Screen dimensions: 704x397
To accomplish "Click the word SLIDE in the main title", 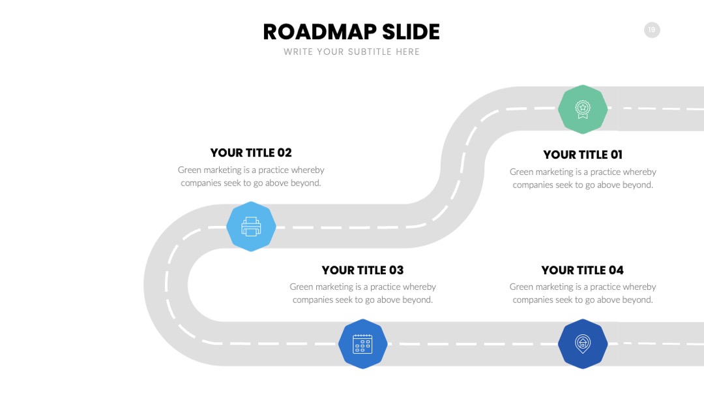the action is pos(411,32).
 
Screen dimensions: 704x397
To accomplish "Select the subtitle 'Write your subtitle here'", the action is pos(351,52).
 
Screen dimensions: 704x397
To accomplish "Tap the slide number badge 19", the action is pos(652,30).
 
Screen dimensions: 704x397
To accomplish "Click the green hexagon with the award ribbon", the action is pos(583,109).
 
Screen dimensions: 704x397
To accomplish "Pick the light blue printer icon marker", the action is pos(251,226).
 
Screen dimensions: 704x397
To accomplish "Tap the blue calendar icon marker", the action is pos(363,344).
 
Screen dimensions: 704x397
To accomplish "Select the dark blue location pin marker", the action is pos(583,344).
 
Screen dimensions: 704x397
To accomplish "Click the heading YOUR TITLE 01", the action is pos(583,155).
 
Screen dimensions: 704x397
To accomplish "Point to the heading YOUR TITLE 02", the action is pos(251,153).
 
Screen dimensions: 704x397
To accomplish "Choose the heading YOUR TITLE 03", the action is pos(363,270).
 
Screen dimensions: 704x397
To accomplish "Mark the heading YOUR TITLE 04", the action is pos(582,270).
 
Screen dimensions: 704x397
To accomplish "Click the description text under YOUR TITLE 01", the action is pos(583,178).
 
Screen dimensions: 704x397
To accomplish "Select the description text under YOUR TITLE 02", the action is pos(251,176).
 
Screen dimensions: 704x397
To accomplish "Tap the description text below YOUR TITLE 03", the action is pos(363,293).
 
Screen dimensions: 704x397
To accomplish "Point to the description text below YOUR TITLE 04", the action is pos(583,293).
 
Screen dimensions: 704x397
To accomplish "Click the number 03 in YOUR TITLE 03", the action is pos(396,270).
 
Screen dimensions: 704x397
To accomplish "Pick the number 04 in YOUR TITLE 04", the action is pos(616,270).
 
